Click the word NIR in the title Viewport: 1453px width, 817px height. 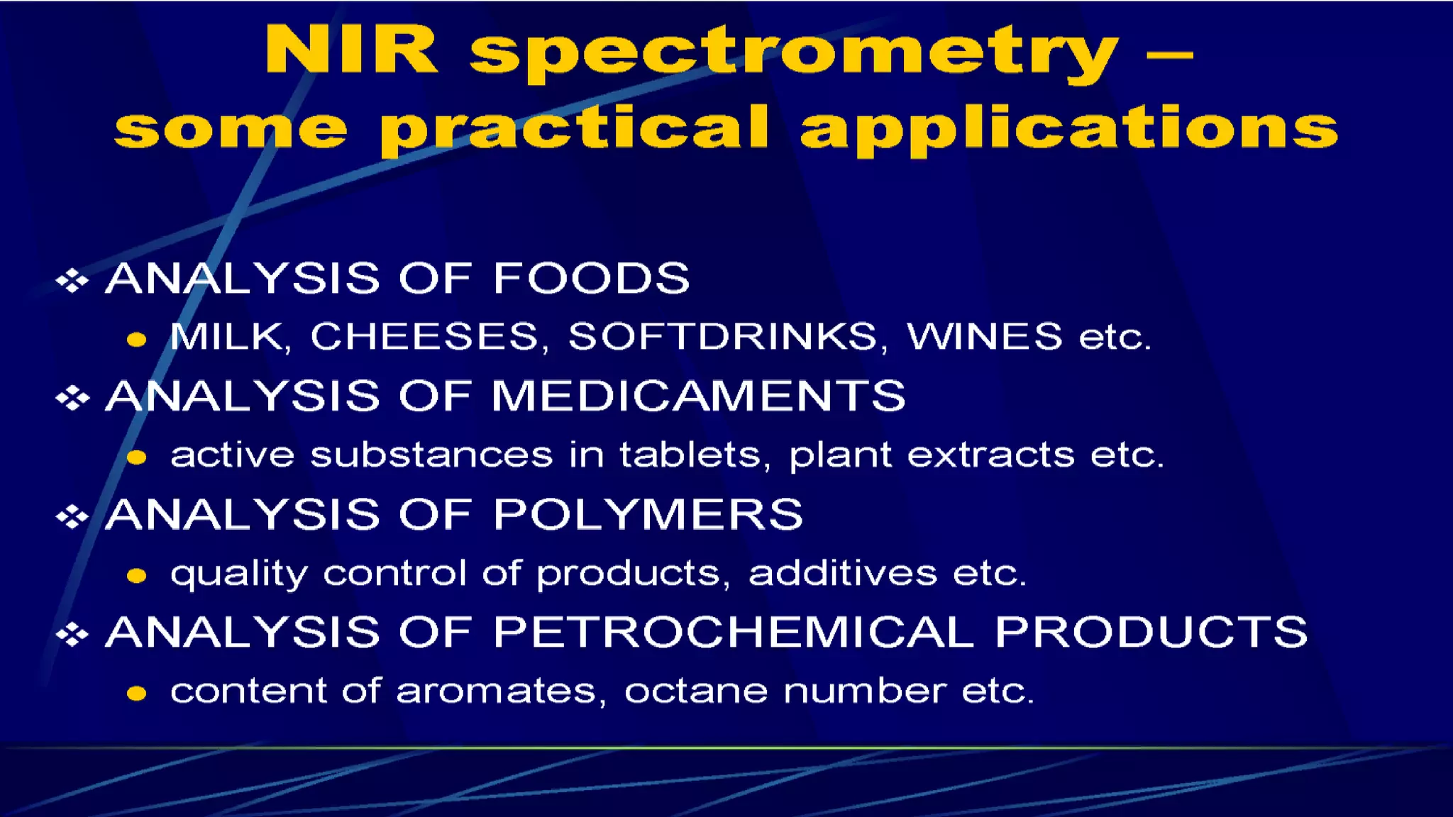351,51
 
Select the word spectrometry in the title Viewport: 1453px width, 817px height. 793,54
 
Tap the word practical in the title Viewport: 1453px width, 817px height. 575,129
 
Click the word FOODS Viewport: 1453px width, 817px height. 591,277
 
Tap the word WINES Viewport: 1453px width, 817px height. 985,336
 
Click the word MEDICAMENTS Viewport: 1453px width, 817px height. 698,395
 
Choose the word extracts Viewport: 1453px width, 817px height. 990,455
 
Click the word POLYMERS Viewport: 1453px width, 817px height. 648,513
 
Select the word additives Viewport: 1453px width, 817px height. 843,572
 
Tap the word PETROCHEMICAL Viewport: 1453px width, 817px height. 734,631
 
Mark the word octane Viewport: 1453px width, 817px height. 695,691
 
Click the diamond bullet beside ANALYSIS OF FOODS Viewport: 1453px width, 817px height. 72,280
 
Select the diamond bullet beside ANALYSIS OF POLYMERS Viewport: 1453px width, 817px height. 72,516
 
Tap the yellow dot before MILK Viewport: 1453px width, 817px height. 136,340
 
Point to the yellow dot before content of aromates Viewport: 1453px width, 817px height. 136,694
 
